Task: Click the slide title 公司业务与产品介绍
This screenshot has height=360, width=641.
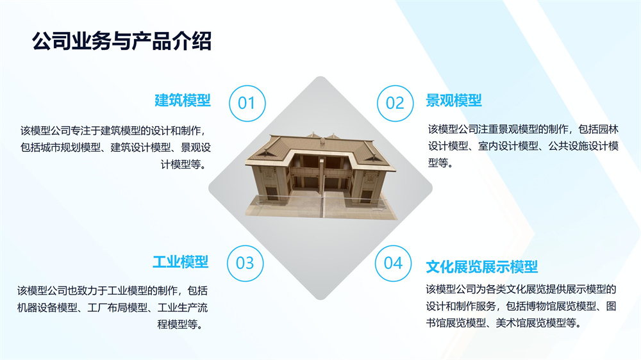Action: [x=122, y=42]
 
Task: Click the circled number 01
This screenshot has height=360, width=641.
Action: [x=247, y=103]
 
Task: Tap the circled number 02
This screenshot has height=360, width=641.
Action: [x=395, y=103]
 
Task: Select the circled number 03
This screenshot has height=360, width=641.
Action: [x=246, y=263]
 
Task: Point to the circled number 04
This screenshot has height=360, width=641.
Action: [x=394, y=263]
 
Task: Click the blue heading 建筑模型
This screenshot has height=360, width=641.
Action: [x=182, y=100]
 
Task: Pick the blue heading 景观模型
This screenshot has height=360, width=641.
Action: [x=454, y=100]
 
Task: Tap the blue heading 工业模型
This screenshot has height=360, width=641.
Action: [x=181, y=262]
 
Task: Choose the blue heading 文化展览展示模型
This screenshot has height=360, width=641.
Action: [x=482, y=267]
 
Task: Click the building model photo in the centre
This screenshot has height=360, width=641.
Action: [x=320, y=176]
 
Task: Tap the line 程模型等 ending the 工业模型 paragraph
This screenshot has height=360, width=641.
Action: [x=180, y=325]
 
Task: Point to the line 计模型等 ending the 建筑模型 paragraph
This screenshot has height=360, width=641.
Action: [x=183, y=165]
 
